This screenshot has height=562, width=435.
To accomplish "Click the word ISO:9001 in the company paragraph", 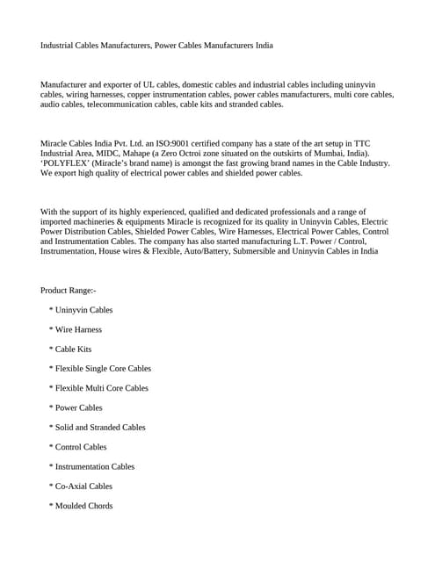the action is (187, 143).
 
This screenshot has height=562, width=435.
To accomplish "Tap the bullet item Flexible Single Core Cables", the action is (103, 369).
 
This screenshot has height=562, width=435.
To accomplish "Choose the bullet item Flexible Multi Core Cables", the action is (102, 388).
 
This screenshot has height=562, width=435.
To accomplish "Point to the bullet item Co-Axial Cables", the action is (84, 486).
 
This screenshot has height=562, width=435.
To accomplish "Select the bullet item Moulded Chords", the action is (83, 506).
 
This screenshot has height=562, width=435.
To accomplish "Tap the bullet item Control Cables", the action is (81, 447).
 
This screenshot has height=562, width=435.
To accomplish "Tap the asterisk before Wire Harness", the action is (52, 330).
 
